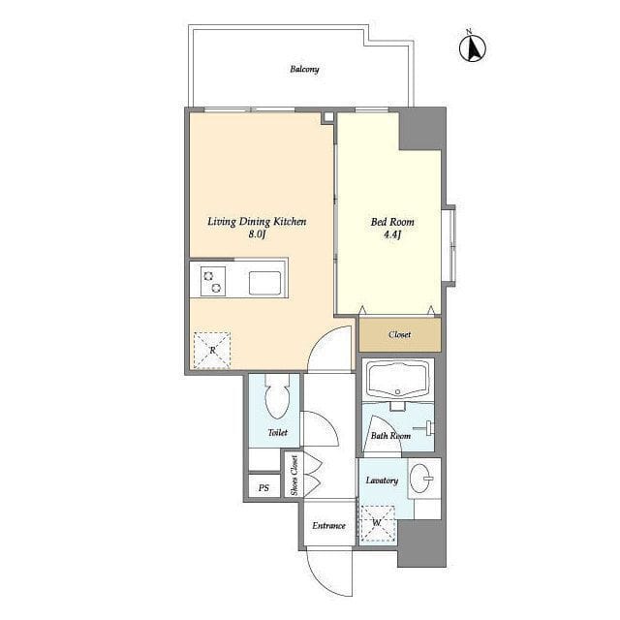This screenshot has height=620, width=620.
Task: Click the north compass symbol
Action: tap(473, 47)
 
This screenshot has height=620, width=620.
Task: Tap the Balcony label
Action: tap(304, 69)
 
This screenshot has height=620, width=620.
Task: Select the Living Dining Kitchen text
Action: tap(257, 222)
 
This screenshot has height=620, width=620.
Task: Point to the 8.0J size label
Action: tap(257, 234)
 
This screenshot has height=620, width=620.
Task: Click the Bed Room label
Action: tap(392, 222)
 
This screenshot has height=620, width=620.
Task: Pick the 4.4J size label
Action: tap(392, 234)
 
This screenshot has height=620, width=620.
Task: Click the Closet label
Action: tap(399, 334)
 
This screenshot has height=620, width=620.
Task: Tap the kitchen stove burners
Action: tap(213, 282)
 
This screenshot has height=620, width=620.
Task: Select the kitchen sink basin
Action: tap(264, 283)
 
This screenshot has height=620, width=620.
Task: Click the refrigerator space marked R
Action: tap(212, 351)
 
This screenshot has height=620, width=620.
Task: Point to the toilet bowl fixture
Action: tap(278, 396)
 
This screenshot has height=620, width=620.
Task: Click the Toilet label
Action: tap(278, 433)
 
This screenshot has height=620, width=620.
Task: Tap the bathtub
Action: tap(398, 380)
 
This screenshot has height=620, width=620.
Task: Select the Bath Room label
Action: tap(390, 436)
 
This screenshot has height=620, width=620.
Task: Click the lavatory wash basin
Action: tap(421, 478)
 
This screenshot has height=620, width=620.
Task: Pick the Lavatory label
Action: tap(382, 480)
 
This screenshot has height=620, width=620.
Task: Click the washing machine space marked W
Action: tap(378, 524)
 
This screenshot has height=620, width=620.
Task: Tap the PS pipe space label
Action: tap(263, 488)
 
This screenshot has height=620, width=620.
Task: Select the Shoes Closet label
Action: tap(294, 476)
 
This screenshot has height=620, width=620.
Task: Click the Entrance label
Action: tap(329, 525)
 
